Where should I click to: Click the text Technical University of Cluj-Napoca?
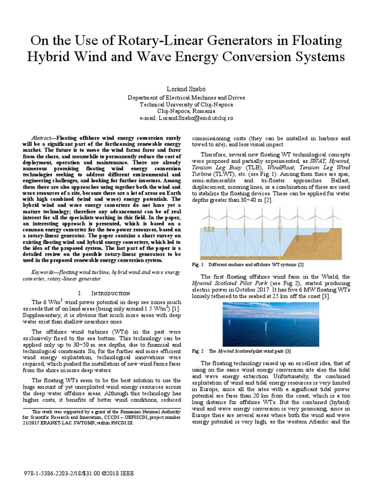[186, 105]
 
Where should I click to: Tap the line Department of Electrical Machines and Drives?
[186, 98]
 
